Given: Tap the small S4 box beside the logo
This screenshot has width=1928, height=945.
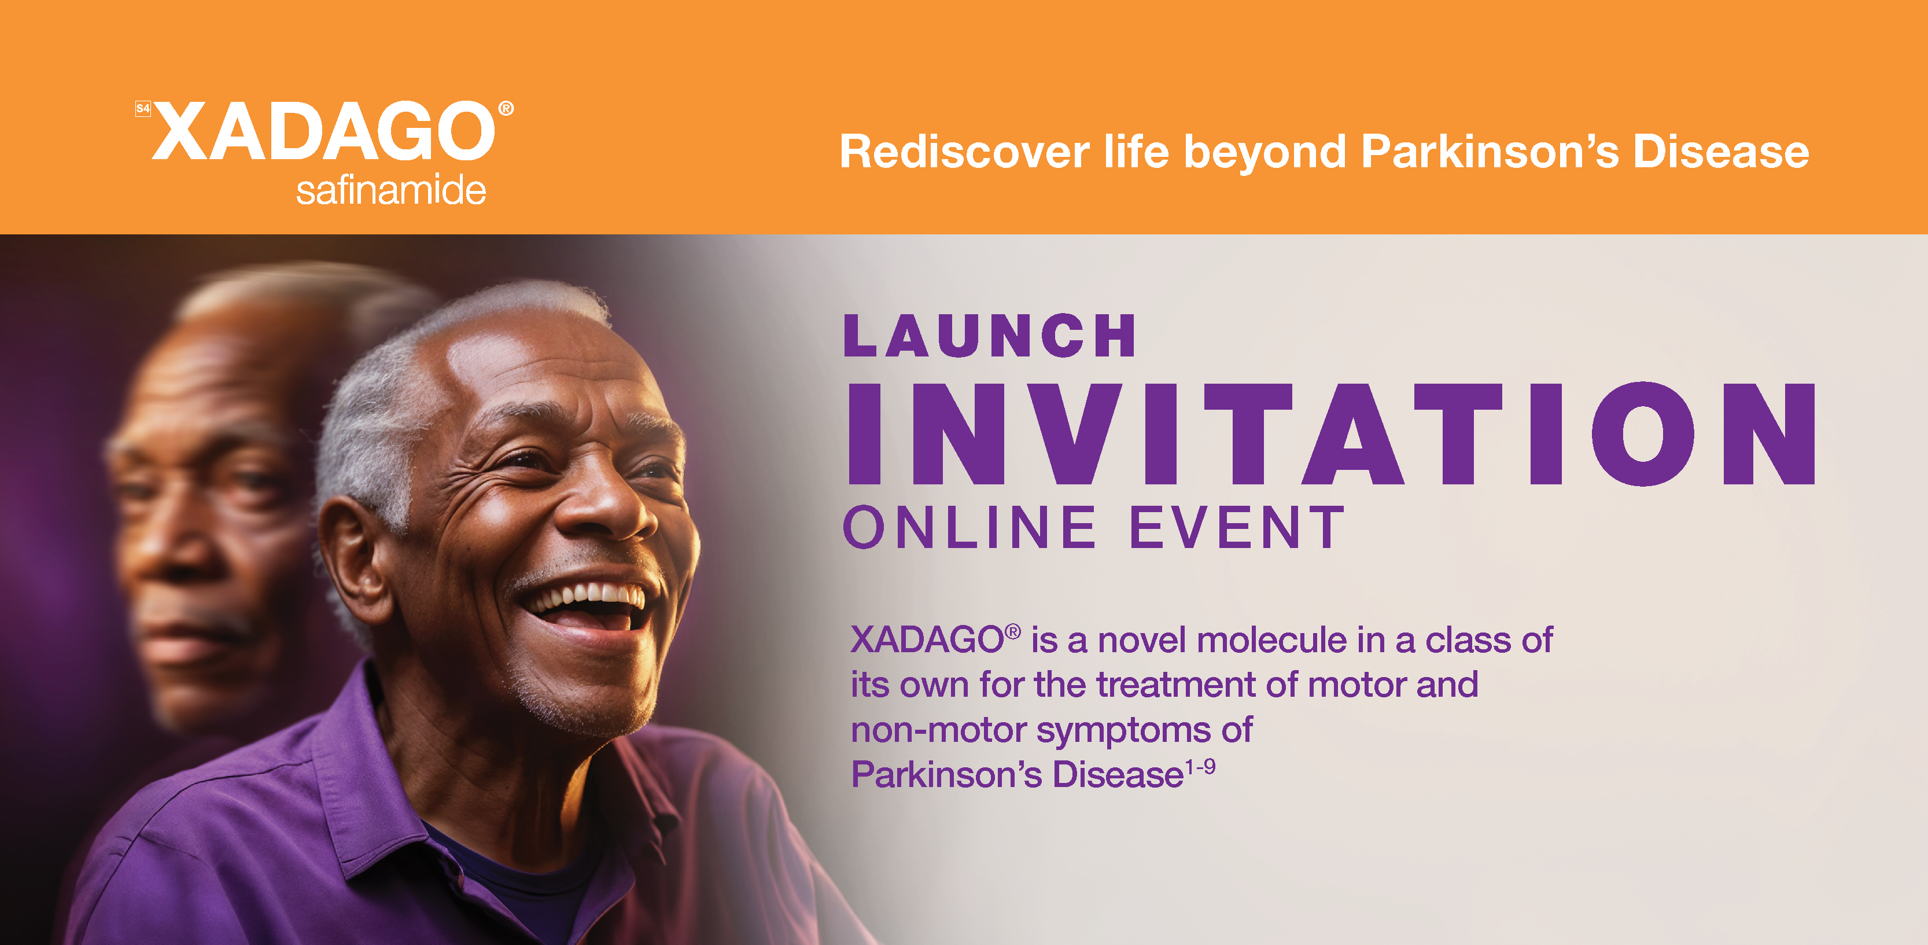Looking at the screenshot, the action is pyautogui.click(x=143, y=109).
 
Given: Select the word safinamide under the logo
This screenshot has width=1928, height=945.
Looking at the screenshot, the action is pyautogui.click(x=390, y=190).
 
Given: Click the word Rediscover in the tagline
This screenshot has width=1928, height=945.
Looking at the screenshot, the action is pyautogui.click(x=964, y=152).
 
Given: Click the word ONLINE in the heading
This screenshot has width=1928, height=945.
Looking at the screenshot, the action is pyautogui.click(x=970, y=527).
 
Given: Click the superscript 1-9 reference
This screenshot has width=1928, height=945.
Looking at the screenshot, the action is pyautogui.click(x=1200, y=767).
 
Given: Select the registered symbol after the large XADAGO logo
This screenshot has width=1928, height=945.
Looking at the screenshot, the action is pyautogui.click(x=506, y=109).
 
